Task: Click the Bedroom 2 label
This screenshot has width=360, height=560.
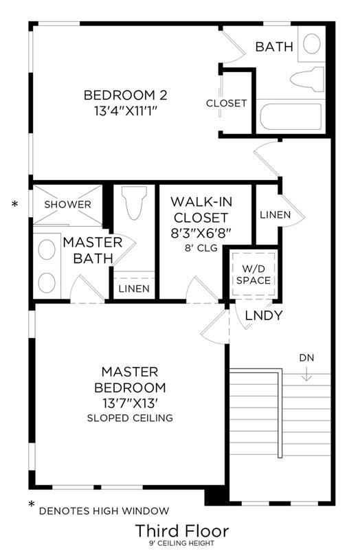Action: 125,95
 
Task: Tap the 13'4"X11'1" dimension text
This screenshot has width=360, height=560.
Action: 126,111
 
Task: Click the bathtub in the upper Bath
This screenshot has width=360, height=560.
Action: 291,116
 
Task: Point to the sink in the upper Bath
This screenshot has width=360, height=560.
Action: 311,43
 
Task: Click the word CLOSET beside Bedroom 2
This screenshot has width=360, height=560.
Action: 227,103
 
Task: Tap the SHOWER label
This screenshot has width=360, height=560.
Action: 68,205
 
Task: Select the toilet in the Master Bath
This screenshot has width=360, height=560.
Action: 134,202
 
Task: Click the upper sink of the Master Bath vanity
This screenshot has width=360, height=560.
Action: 47,249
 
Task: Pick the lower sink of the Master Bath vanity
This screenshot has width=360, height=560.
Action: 47,282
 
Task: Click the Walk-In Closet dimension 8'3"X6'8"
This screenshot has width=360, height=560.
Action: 201,233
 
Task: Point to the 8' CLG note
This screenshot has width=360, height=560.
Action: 201,248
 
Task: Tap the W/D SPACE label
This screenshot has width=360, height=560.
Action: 254,274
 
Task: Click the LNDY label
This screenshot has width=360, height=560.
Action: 264,315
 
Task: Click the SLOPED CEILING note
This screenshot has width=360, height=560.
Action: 130,418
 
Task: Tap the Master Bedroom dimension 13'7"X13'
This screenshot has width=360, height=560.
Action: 130,403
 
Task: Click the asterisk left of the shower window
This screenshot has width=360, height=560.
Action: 14,204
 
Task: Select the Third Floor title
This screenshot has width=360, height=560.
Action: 182,530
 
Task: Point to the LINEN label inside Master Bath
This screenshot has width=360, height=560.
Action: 134,289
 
